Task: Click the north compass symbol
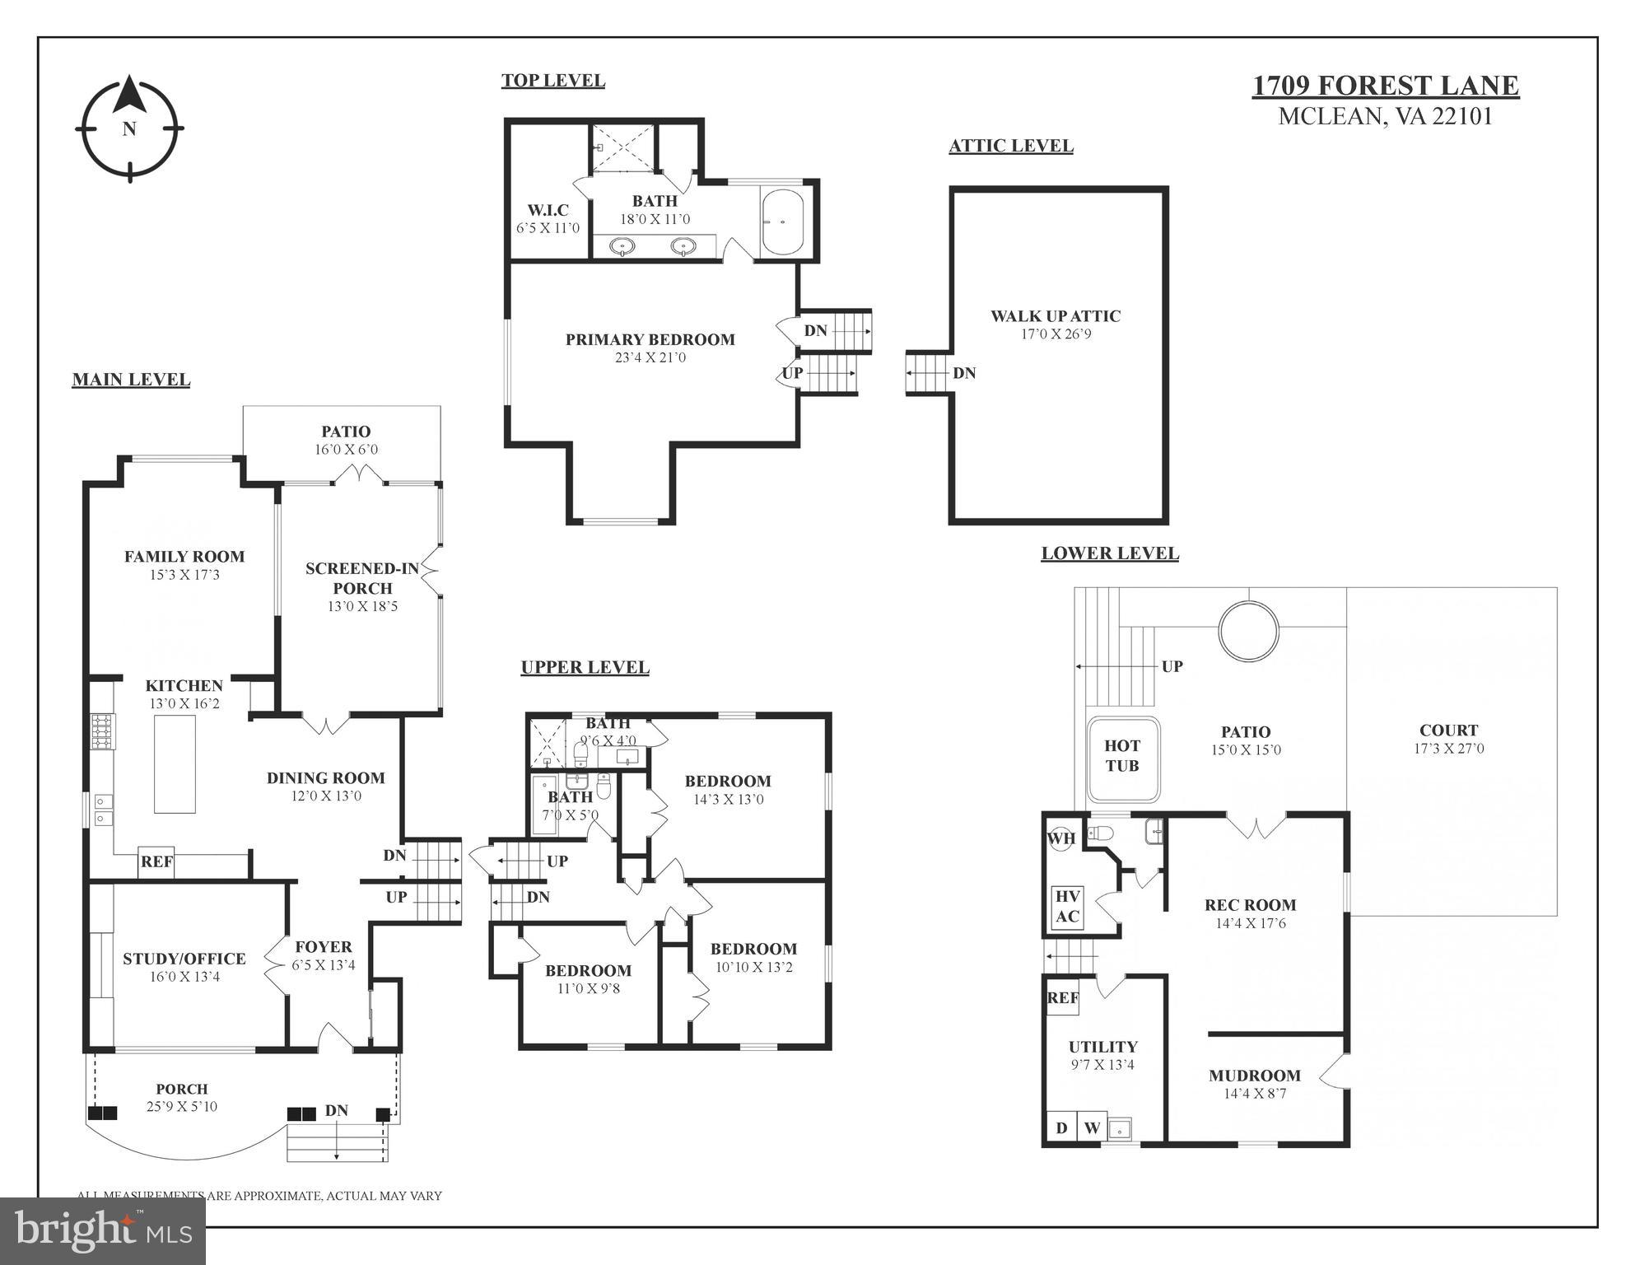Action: pyautogui.click(x=129, y=128)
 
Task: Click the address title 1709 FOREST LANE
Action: pyautogui.click(x=1386, y=86)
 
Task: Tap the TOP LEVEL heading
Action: pyautogui.click(x=553, y=81)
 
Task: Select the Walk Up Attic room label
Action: pyautogui.click(x=1055, y=316)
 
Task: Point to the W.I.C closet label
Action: pyautogui.click(x=548, y=210)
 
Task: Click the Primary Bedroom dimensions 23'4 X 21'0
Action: pyautogui.click(x=650, y=357)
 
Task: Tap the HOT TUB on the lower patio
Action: pyautogui.click(x=1122, y=756)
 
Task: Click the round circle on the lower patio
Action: pyautogui.click(x=1248, y=630)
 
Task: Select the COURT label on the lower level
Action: pyautogui.click(x=1448, y=731)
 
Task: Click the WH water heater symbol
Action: pyautogui.click(x=1061, y=839)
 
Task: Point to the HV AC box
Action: pyautogui.click(x=1067, y=907)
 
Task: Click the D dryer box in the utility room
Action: pyautogui.click(x=1061, y=1127)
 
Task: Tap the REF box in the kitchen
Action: pyautogui.click(x=156, y=861)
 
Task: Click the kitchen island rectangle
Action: pyautogui.click(x=175, y=763)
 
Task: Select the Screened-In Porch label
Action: pyautogui.click(x=362, y=578)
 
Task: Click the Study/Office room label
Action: pyautogui.click(x=184, y=959)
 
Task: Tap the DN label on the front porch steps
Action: pyautogui.click(x=336, y=1110)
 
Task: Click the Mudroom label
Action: pyautogui.click(x=1254, y=1076)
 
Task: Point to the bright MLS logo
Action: pyautogui.click(x=103, y=1230)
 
